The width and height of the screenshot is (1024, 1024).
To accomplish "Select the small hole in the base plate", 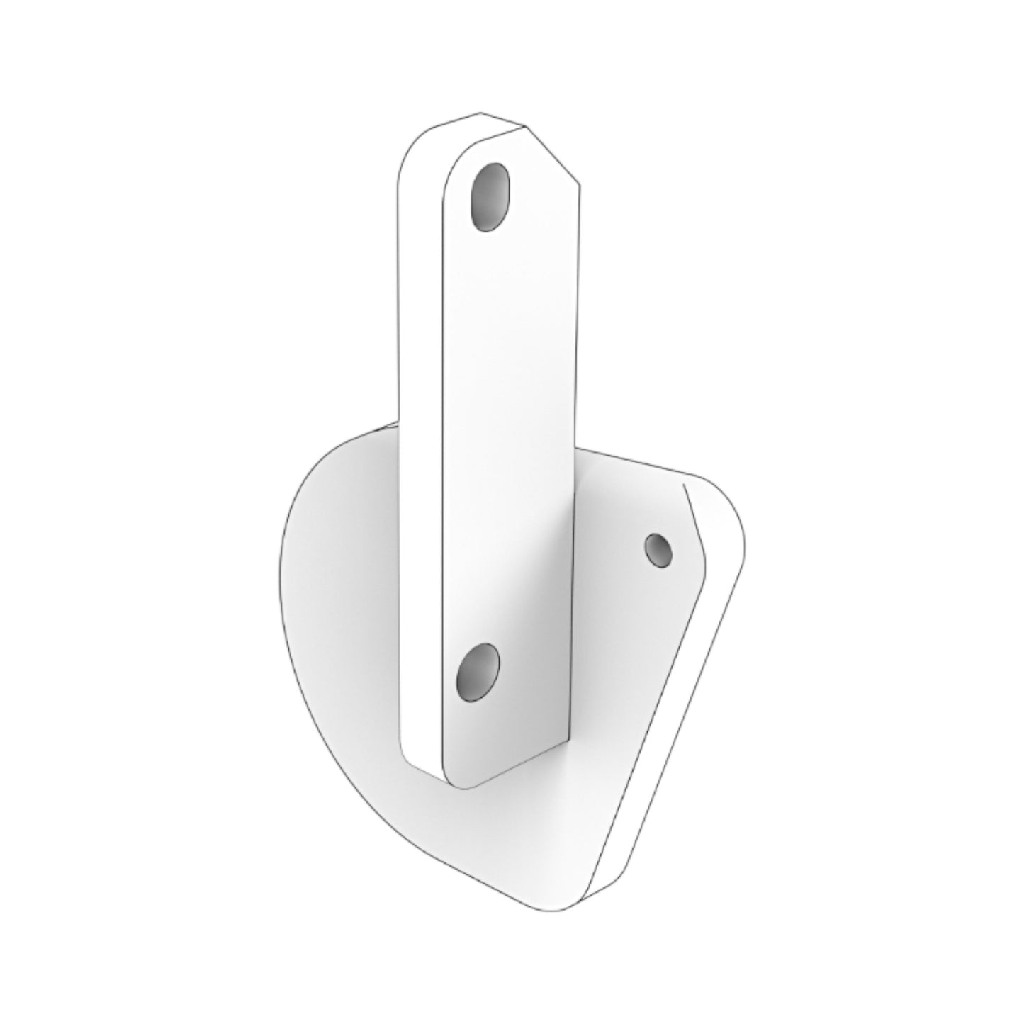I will (x=658, y=549).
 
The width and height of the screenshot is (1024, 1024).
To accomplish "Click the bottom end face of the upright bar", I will (x=425, y=769).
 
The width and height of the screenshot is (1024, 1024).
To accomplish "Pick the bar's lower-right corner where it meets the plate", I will (x=569, y=737).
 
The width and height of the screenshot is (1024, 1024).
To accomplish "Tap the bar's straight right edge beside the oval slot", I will (x=579, y=213).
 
